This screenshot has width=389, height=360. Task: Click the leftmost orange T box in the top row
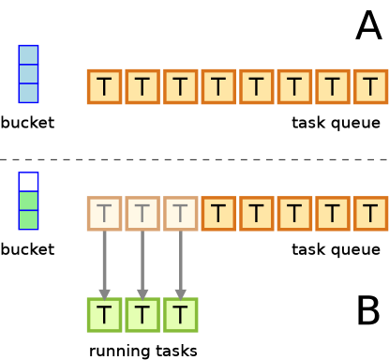104,87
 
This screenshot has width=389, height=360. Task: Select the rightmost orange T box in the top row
371,87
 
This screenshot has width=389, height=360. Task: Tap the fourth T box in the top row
218,87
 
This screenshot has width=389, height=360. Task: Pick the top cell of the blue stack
29,54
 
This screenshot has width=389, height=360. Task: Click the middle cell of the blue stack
29,74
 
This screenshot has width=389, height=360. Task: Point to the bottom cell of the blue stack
29,93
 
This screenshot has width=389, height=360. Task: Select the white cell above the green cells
29,182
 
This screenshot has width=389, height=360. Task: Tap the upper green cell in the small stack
29,201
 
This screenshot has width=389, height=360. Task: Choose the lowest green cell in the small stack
29,219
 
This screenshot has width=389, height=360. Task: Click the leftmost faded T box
104,214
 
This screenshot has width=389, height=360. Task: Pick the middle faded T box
142,214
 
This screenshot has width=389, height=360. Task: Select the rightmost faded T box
180,214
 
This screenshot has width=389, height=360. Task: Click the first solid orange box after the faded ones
218,214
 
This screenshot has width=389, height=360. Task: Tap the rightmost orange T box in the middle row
371,214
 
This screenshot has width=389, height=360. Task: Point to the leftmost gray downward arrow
104,264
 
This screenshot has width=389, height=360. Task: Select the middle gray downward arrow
142,264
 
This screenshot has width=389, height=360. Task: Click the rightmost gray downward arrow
180,264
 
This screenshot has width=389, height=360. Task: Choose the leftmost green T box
104,315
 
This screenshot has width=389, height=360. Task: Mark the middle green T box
142,315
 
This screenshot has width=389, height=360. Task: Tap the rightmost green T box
180,315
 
